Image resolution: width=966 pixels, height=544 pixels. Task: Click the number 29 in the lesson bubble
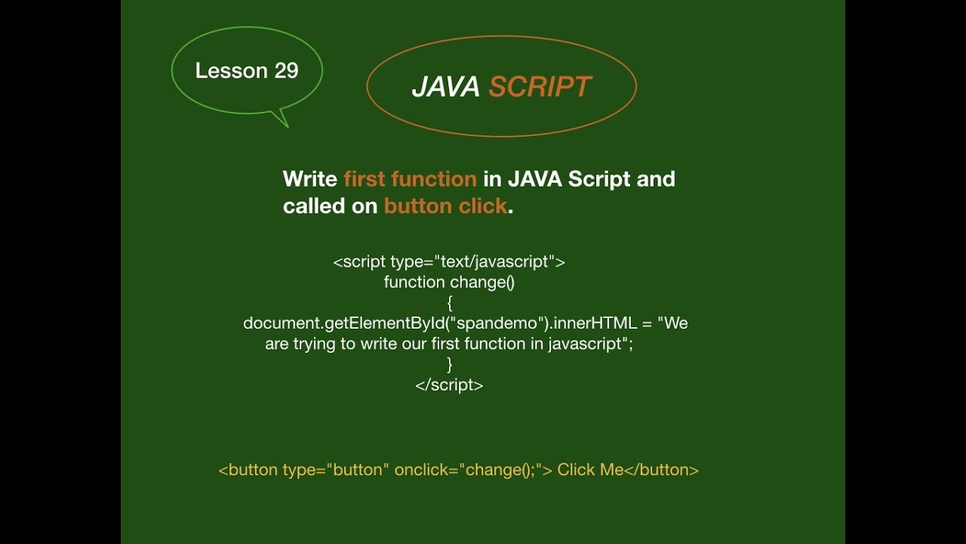286,71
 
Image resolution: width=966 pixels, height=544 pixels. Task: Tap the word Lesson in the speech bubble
232,71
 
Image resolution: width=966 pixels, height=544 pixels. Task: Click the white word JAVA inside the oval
445,88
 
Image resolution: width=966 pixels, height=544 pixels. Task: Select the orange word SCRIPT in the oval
540,88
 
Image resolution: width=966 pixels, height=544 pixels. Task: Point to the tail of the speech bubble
281,119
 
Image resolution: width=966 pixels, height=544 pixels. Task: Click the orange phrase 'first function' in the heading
410,179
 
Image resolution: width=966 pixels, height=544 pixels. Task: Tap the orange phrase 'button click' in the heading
445,206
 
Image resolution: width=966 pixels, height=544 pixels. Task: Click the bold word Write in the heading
309,179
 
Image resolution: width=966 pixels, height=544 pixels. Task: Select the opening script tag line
449,262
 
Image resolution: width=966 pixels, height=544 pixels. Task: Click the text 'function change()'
449,283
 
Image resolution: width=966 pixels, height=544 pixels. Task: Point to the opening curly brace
450,303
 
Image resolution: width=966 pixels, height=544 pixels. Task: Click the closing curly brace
450,364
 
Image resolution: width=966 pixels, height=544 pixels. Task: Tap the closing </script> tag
449,385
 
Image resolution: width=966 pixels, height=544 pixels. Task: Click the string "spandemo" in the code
500,323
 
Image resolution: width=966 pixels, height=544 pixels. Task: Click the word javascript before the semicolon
586,344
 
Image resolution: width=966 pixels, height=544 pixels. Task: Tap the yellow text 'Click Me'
590,470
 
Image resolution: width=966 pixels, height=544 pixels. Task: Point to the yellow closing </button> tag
662,470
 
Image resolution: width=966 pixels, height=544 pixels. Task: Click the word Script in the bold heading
598,179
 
